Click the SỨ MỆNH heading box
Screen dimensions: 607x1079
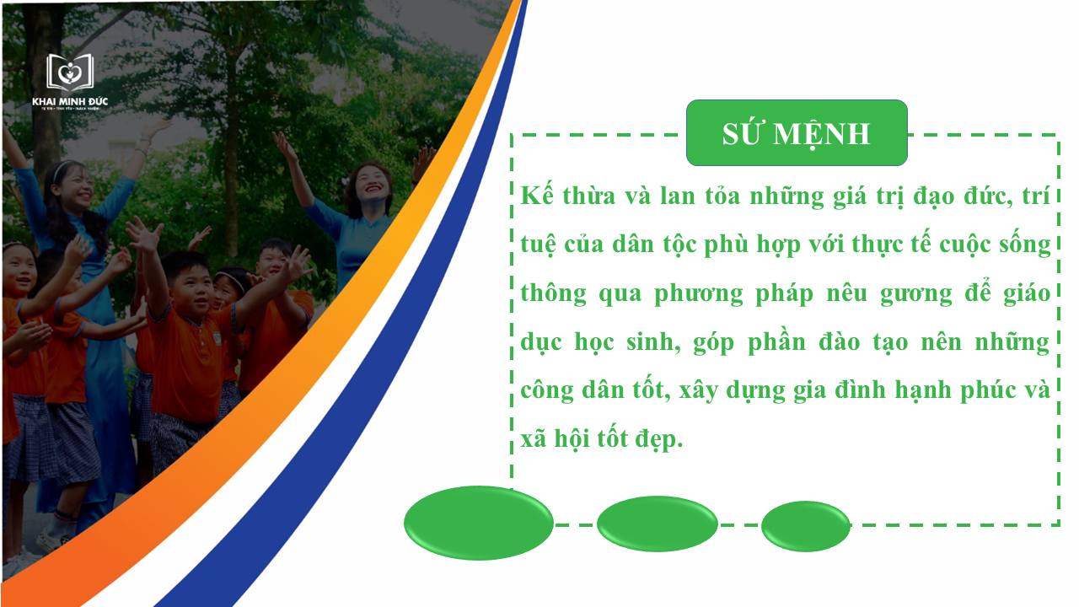pyautogui.click(x=797, y=133)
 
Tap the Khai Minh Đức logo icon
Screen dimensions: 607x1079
pyautogui.click(x=69, y=73)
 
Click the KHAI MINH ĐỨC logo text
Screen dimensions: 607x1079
pyautogui.click(x=69, y=102)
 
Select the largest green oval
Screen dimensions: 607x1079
pyautogui.click(x=479, y=523)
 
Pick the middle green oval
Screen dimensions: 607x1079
pyautogui.click(x=658, y=524)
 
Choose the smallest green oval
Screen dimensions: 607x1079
pyautogui.click(x=806, y=526)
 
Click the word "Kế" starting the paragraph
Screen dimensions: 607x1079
pyautogui.click(x=536, y=195)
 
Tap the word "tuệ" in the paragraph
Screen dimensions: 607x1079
pyautogui.click(x=537, y=244)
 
